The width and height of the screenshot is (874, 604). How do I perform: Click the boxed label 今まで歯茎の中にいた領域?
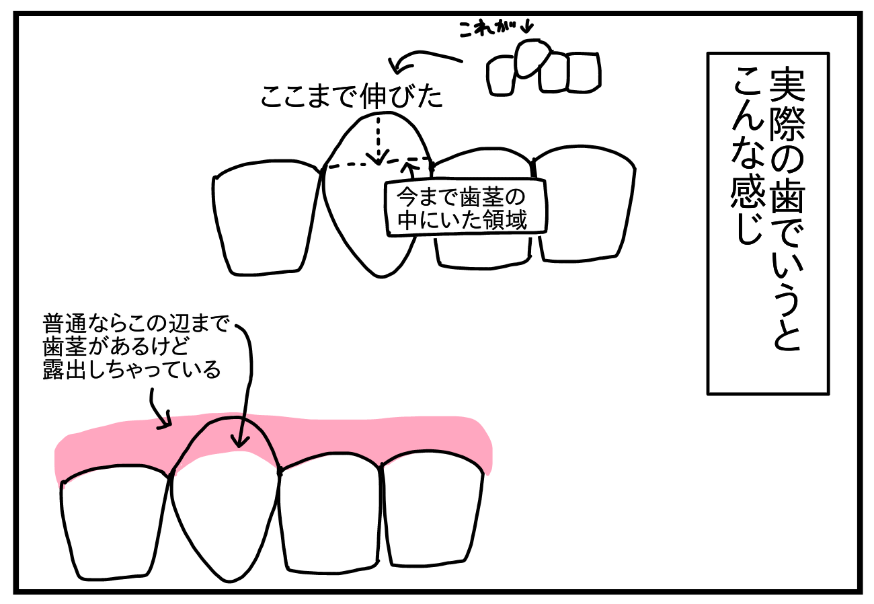464,208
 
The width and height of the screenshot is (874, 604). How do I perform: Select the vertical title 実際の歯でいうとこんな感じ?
768,222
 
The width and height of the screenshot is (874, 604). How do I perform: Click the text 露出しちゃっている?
132,369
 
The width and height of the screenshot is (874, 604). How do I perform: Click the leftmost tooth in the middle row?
266,219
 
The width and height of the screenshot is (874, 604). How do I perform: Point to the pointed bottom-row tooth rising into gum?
225,498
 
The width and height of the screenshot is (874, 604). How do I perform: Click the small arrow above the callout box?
407,168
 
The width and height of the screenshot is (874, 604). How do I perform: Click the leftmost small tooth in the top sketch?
502,76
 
